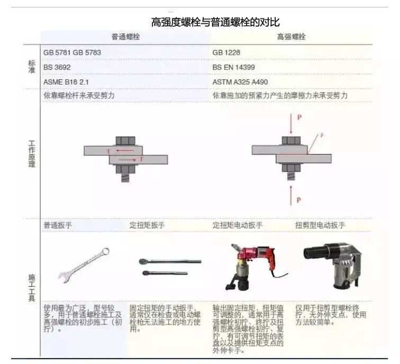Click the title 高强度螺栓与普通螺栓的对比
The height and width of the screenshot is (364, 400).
215,22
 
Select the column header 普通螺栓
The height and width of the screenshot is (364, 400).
126,38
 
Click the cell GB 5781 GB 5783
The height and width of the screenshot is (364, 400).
72,53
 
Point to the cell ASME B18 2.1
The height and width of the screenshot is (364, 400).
67,82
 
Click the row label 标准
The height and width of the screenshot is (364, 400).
31,67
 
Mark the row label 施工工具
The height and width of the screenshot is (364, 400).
31,288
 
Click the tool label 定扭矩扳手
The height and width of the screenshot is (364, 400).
147,225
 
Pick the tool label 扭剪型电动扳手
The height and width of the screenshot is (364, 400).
320,225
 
